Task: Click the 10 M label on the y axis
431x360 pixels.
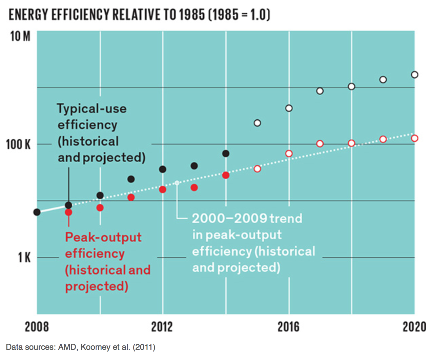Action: [x=20, y=36]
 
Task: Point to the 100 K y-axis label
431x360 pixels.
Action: [x=18, y=144]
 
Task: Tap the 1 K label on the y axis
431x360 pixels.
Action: [x=24, y=258]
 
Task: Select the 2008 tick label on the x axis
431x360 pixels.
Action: [x=37, y=327]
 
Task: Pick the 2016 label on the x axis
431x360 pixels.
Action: [x=288, y=327]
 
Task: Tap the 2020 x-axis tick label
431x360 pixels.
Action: [x=414, y=327]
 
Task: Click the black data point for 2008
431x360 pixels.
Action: [x=37, y=212]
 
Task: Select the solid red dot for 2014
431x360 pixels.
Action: [x=226, y=175]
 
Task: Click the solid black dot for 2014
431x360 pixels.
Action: [x=226, y=154]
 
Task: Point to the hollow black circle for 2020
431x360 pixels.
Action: [x=414, y=75]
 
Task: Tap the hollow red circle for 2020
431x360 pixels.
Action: [x=414, y=138]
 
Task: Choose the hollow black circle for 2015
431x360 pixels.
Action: [x=257, y=123]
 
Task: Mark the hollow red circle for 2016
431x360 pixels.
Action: [x=289, y=154]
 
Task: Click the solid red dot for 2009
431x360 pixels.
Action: [x=68, y=212]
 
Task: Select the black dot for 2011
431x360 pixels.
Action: [x=131, y=179]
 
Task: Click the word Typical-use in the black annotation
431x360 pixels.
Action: [x=91, y=108]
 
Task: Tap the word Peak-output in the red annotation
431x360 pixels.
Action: [x=103, y=237]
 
